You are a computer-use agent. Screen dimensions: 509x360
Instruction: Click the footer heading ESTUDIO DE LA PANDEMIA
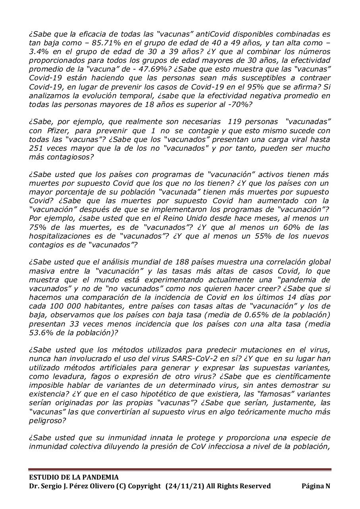pyautogui.click(x=74, y=477)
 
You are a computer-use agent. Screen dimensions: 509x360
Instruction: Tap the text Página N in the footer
pyautogui.click(x=316, y=486)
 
